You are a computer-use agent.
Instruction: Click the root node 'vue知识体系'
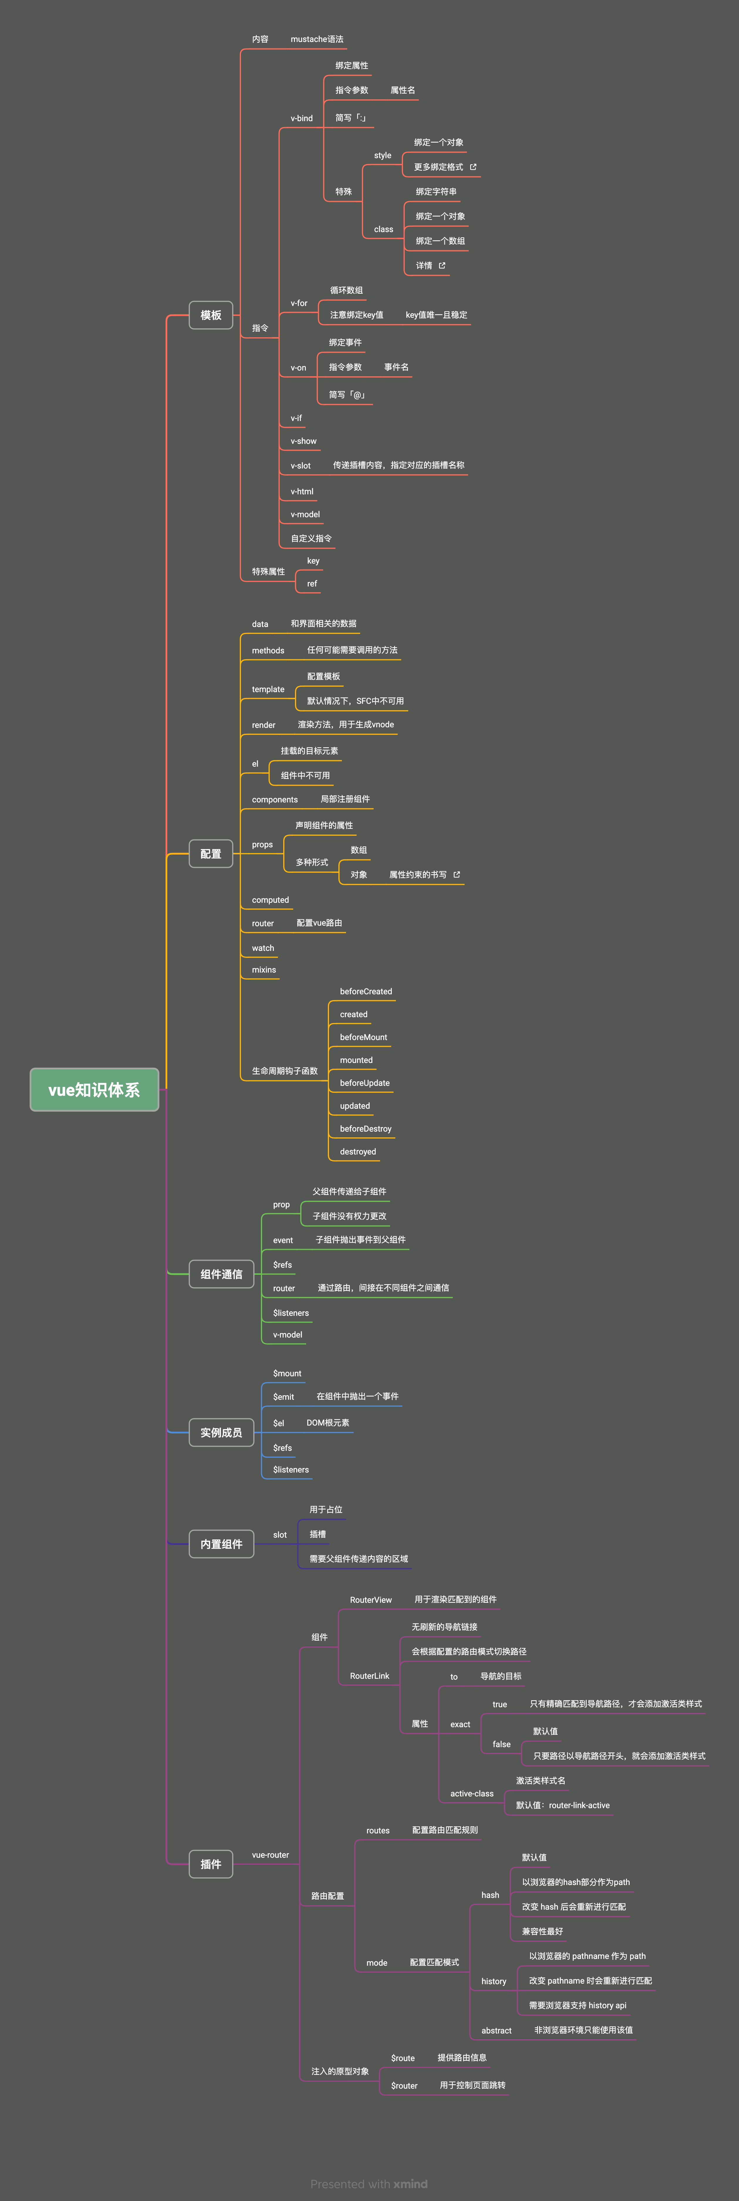[x=94, y=1089]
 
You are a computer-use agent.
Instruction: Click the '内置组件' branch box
[x=221, y=1544]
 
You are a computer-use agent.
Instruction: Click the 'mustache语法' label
[x=317, y=39]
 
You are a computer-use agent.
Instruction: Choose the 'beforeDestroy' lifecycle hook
[x=366, y=1129]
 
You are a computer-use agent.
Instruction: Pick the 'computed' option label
[x=270, y=900]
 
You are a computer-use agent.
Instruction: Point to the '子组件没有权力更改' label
[x=350, y=1216]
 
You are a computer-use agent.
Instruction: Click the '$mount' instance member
[x=287, y=1373]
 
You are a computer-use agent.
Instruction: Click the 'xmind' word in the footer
[x=410, y=2183]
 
